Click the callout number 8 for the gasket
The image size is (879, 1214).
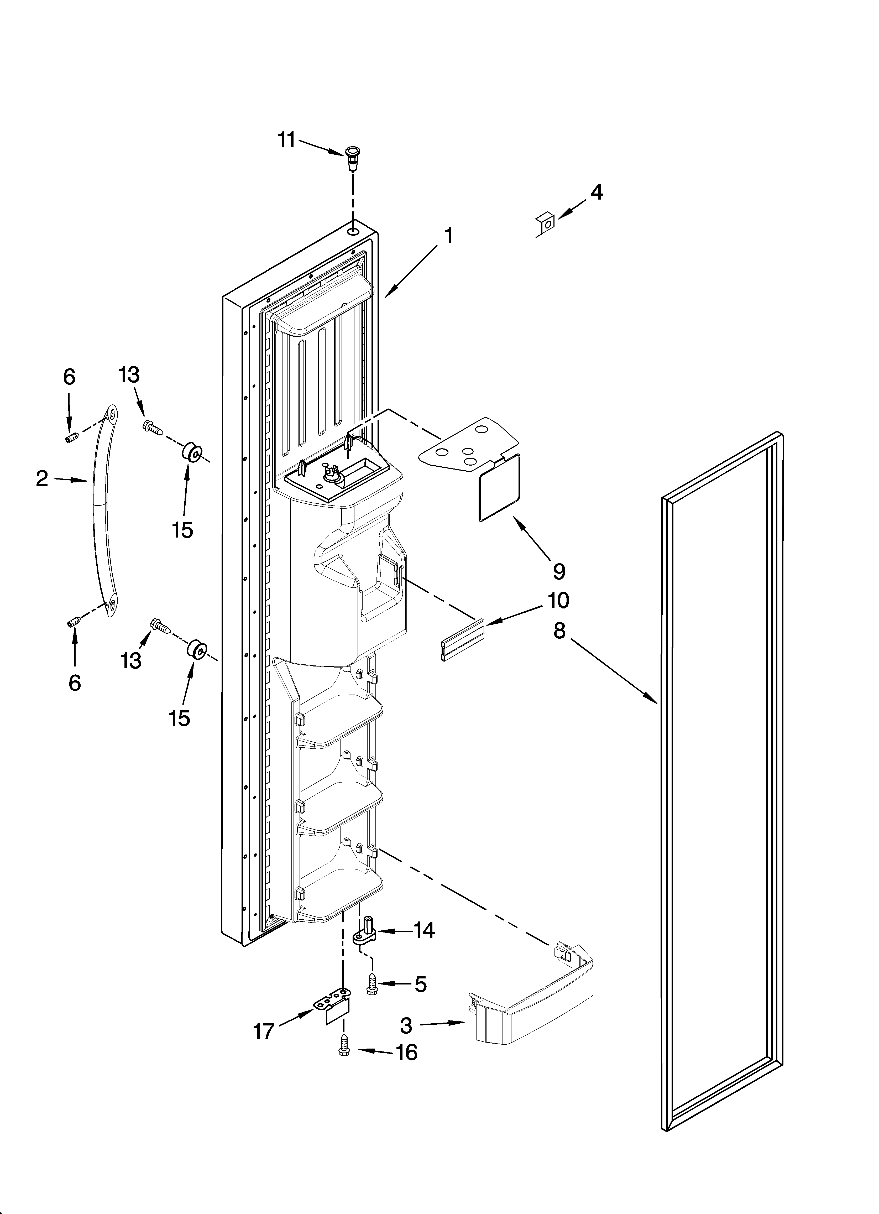pyautogui.click(x=559, y=631)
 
